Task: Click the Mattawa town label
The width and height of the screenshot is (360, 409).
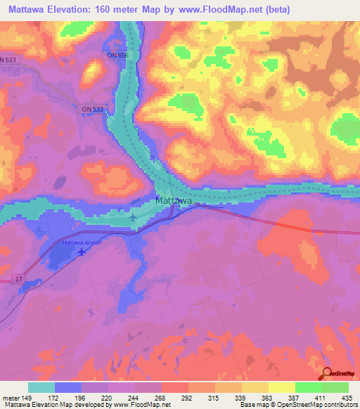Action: coord(174,201)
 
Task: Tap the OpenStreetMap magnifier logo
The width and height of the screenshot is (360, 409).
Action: coord(328,375)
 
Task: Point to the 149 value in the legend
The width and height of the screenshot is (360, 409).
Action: coord(27,398)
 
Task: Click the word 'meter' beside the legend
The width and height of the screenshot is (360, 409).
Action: coord(11,398)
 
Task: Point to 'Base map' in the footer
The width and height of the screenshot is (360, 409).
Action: coord(251,405)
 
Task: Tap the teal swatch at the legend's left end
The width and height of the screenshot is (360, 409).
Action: coord(41,387)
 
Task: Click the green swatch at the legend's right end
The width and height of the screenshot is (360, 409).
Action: coord(335,387)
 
